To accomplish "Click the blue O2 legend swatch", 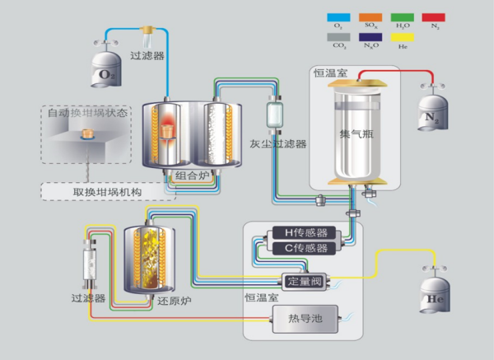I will [x=338, y=16].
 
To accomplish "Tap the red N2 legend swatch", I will [x=434, y=16].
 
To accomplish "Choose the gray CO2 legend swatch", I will [x=338, y=37].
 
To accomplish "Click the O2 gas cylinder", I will [x=104, y=70].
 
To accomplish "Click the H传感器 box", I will [x=300, y=233].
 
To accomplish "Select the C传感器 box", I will [x=300, y=248].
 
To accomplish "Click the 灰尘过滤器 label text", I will [x=278, y=143].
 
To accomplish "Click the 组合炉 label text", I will [x=193, y=175].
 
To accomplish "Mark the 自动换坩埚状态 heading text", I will [x=87, y=113].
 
